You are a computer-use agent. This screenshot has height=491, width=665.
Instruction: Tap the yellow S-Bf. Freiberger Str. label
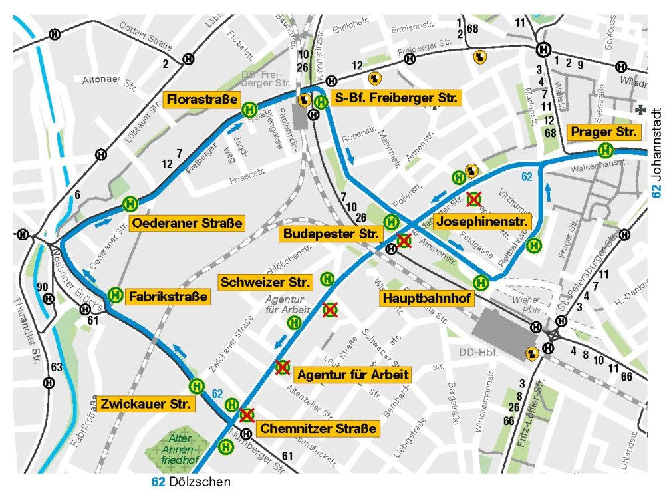click(395, 98)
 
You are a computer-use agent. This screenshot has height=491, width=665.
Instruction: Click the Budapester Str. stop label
click(331, 234)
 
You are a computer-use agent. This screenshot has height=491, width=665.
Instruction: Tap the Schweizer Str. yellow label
click(265, 281)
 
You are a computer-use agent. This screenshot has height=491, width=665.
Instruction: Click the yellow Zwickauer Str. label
click(146, 403)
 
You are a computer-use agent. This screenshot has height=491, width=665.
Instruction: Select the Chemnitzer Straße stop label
click(318, 428)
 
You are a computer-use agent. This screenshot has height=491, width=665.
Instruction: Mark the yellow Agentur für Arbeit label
click(352, 374)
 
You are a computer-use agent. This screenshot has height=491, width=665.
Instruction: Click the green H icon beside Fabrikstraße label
click(115, 294)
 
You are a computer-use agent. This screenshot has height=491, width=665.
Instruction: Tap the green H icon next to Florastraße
click(250, 108)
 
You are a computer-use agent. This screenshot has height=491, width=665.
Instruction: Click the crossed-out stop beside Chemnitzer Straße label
click(247, 416)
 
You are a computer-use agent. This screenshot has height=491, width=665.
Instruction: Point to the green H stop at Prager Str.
click(606, 150)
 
